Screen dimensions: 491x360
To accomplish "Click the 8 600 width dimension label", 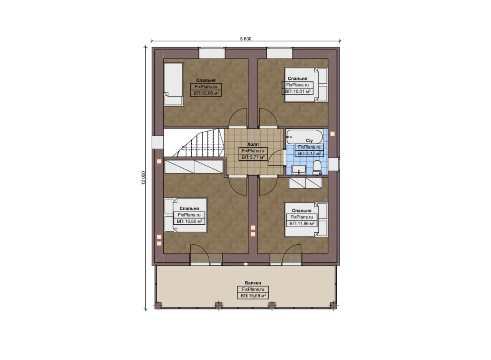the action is (x=246, y=39).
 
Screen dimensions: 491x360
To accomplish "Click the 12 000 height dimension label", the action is (x=143, y=178).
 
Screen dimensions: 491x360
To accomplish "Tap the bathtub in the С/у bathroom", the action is (x=305, y=137).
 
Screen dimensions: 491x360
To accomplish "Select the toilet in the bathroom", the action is (x=317, y=168).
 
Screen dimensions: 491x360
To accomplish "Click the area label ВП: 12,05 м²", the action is (x=206, y=93).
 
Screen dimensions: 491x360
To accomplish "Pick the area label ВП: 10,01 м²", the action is (x=297, y=91).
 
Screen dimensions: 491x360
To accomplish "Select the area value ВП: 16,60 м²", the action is (x=189, y=222).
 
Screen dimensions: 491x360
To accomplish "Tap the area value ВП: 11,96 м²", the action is (x=302, y=224).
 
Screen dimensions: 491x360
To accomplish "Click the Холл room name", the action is (x=253, y=145).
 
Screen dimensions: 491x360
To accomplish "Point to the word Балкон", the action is (x=253, y=283).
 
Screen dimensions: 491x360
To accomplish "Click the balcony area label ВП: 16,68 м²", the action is (x=253, y=296).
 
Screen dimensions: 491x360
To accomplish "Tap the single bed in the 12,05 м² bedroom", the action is (x=173, y=85).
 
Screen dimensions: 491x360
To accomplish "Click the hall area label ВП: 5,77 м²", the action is (x=253, y=157).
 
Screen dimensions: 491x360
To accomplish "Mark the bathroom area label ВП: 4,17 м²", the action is (x=309, y=153).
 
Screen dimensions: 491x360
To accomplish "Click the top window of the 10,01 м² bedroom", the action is (x=280, y=53).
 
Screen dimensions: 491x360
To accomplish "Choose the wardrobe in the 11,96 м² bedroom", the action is (x=306, y=183).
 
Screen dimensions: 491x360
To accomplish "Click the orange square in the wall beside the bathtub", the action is (x=333, y=134).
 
